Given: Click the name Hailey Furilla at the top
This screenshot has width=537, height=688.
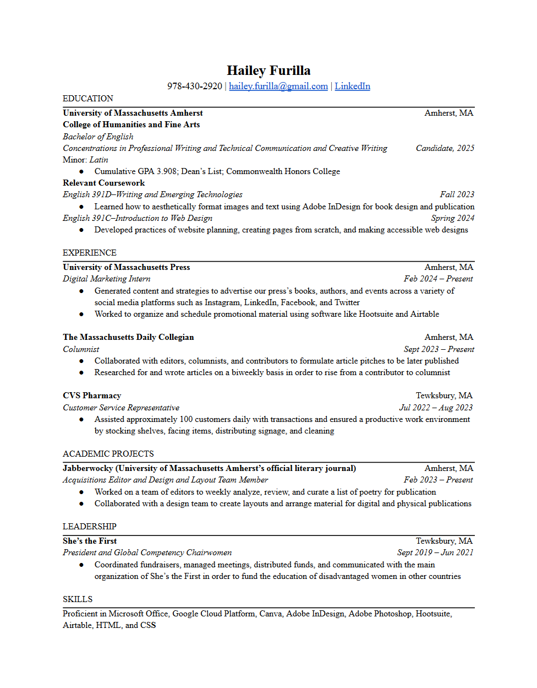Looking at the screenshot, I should (268, 71).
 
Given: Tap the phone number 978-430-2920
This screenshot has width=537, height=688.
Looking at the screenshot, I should (195, 86).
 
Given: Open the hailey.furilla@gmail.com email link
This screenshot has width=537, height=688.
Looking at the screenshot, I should (278, 86).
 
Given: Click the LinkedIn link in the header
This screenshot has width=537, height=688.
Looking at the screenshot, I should (352, 86).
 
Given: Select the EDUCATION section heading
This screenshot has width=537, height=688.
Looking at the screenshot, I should (88, 99).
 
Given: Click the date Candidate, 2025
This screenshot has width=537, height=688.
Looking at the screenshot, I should (445, 148).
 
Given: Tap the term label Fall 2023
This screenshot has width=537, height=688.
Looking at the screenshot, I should (457, 194).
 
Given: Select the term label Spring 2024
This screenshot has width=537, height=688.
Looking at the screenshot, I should (452, 218).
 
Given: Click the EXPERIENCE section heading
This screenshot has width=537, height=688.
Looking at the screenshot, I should (90, 253).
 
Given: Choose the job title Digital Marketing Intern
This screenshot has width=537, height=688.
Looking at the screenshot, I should (106, 279).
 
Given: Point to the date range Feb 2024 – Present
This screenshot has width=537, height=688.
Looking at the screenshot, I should (438, 279).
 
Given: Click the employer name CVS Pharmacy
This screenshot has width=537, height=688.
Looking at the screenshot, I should (92, 396).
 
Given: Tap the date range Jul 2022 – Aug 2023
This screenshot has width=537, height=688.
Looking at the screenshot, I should (436, 408).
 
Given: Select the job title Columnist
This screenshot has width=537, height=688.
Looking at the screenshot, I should (81, 349).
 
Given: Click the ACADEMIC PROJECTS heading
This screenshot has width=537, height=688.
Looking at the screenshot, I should (108, 454).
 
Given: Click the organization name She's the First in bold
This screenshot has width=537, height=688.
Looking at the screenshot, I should (90, 541).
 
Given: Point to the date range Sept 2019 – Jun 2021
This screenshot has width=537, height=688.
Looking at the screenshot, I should (435, 552).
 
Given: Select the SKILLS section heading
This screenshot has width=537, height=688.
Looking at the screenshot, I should (78, 599).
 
